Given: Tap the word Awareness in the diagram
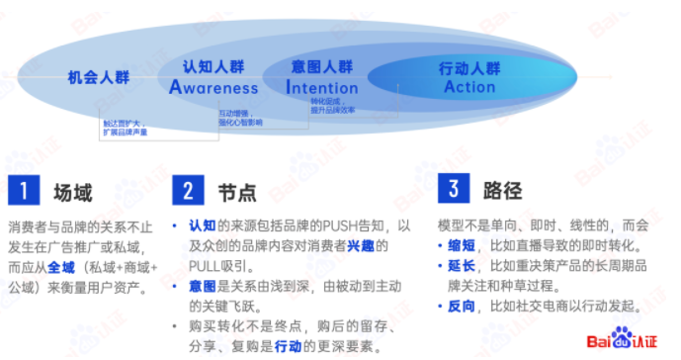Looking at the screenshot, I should [213, 87].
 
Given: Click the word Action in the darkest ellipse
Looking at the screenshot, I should [469, 87].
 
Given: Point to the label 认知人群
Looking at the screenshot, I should [213, 67].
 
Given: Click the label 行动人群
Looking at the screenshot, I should [469, 68].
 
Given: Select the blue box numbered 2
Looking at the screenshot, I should [187, 191].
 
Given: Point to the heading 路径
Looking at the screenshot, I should [500, 190].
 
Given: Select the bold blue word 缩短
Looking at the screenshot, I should [462, 244].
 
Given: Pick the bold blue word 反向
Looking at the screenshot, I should [462, 308].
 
